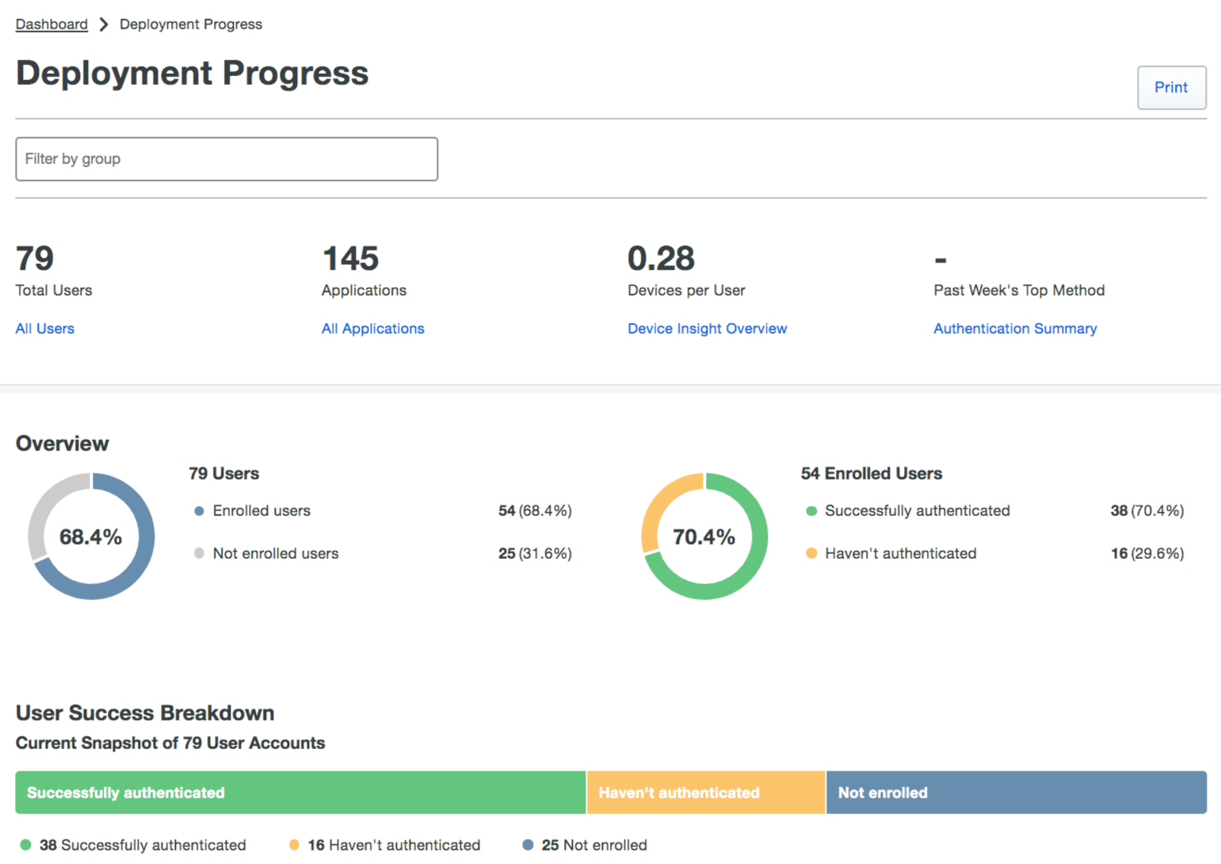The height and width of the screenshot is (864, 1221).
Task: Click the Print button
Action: pos(1171,88)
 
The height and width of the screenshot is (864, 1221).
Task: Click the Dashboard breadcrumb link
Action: pos(52,25)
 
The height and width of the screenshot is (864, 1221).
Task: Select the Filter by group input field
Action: pos(227,159)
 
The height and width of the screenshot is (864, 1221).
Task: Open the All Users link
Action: pos(45,329)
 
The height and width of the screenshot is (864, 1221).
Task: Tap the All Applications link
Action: pos(372,329)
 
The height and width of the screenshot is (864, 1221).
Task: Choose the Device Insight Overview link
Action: pos(707,329)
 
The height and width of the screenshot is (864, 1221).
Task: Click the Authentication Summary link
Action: pos(1014,329)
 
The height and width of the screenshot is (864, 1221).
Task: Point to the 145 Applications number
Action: pos(350,259)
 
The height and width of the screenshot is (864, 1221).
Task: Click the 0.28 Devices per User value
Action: pos(661,259)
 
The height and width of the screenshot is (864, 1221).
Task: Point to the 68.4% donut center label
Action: pos(91,537)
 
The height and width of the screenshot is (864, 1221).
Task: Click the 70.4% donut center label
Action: pos(704,537)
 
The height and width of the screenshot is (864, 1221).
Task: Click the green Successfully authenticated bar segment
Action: pos(300,793)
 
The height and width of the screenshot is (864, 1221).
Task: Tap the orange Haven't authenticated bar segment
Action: pos(706,793)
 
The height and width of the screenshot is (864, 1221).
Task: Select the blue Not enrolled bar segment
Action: pos(1016,793)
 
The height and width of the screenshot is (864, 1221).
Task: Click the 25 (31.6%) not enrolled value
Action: pos(535,554)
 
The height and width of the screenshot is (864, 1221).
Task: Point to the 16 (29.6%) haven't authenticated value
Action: pos(1147,554)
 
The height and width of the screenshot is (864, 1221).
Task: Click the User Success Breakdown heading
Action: pos(145,713)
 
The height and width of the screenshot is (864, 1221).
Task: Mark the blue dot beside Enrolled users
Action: pos(199,511)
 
